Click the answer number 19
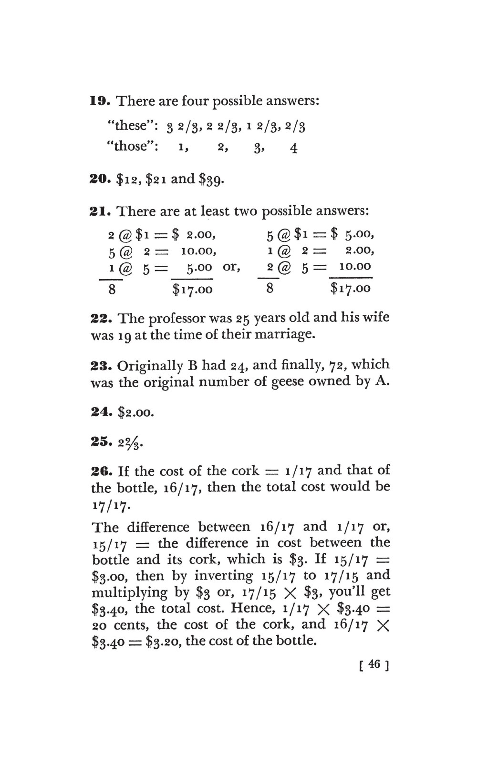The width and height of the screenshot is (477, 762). [x=101, y=101]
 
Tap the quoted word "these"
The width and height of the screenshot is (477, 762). [x=127, y=126]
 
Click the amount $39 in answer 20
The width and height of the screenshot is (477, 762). [x=210, y=180]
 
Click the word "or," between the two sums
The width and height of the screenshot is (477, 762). [x=232, y=267]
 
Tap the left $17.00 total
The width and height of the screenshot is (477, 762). [x=192, y=289]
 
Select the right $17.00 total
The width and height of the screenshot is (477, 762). [x=350, y=289]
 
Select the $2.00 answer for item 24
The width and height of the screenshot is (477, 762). [x=135, y=412]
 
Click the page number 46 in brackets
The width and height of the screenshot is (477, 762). [x=374, y=664]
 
